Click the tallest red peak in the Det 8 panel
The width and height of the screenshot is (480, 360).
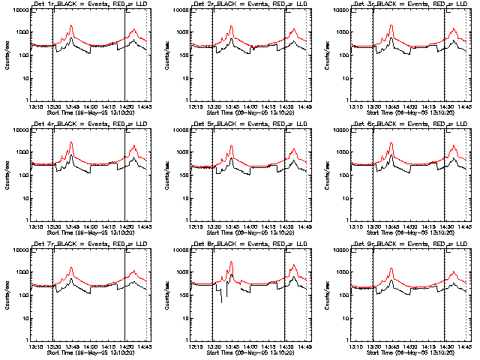coord(231,262)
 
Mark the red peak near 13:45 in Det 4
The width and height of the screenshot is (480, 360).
coord(71,142)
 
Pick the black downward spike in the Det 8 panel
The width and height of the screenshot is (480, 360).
coord(220,301)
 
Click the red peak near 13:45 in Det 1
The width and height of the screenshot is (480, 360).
coord(71,26)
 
